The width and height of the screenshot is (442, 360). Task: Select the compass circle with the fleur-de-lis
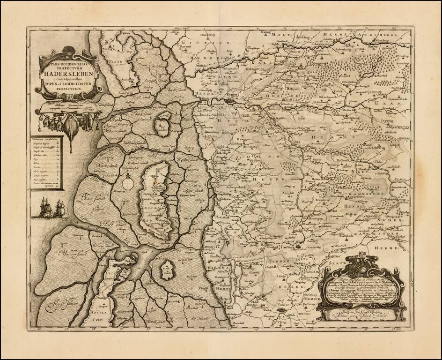(x=127, y=183)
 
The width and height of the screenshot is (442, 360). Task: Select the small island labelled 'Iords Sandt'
(x=167, y=270)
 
